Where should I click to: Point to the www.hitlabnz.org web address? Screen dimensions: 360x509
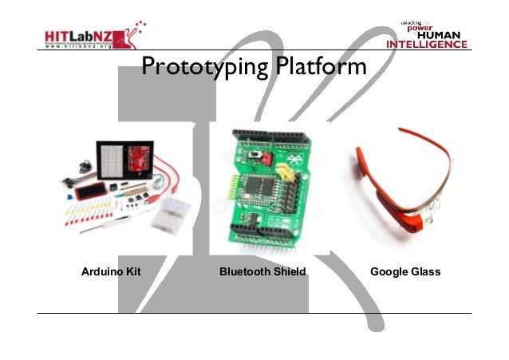pos(79,47)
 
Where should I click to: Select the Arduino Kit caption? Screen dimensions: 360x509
pos(111,272)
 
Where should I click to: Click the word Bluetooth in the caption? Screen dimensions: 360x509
pos(246,272)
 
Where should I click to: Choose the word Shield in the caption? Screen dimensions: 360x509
pos(290,272)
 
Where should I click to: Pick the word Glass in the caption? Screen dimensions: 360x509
pos(426,272)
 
